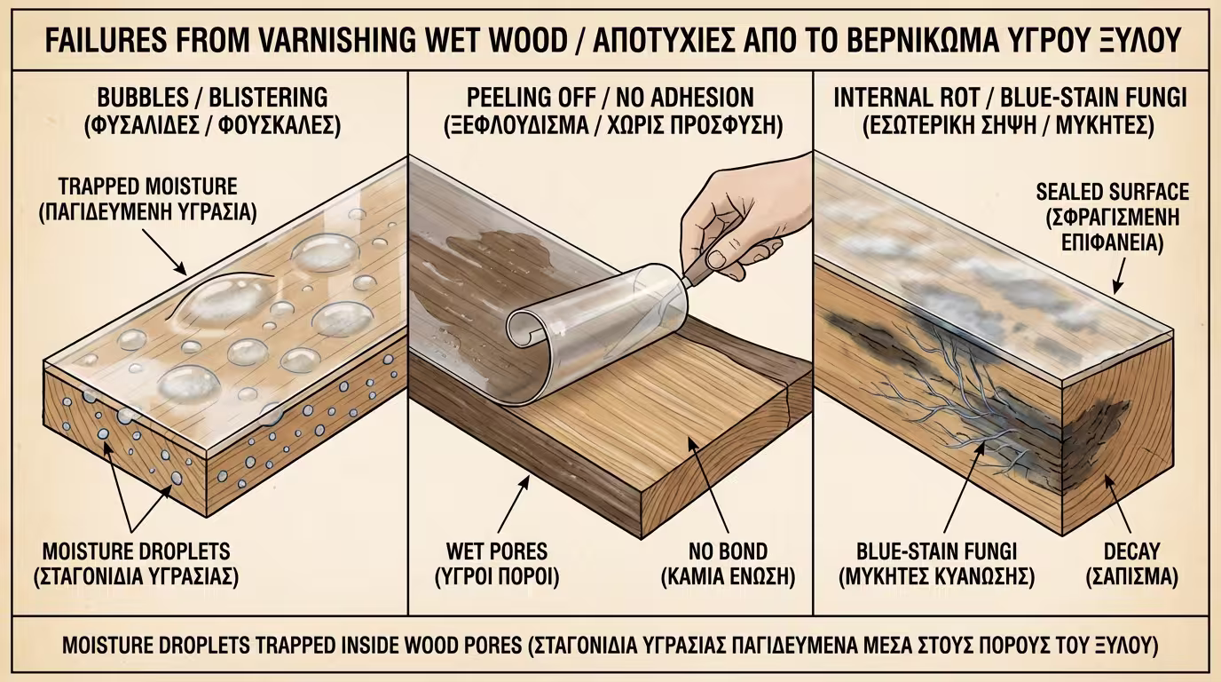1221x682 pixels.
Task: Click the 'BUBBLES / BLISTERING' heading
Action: (213, 99)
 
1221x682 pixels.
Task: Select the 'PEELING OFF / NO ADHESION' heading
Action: (610, 99)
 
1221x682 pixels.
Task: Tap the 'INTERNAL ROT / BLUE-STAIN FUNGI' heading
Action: (1010, 99)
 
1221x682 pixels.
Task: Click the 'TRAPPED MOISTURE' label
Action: (147, 187)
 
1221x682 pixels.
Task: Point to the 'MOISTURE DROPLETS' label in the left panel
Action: (137, 551)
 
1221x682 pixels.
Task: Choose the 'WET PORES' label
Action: (497, 551)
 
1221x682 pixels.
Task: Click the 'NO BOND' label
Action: (729, 551)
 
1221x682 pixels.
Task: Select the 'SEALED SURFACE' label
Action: (1113, 192)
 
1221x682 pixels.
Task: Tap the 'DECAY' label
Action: (1131, 551)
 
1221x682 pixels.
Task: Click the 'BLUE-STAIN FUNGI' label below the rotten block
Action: (936, 551)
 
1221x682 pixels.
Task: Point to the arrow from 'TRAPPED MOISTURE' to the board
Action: (165, 252)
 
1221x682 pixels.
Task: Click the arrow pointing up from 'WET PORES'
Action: (514, 504)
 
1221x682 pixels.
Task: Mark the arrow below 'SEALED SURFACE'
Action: (1120, 275)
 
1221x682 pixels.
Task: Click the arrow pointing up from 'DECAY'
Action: (1117, 503)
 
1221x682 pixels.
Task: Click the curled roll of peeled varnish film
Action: (595, 328)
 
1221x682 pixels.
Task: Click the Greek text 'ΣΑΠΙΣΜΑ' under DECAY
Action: (1131, 577)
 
